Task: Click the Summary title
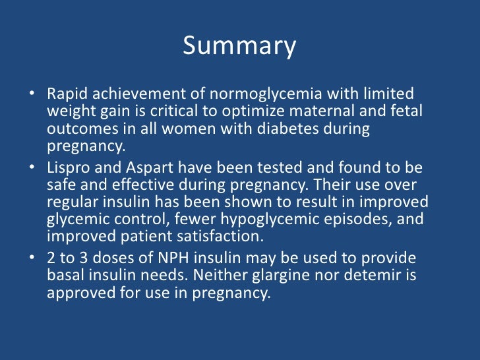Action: pyautogui.click(x=239, y=46)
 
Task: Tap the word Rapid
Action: pyautogui.click(x=67, y=94)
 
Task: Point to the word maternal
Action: pyautogui.click(x=332, y=111)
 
